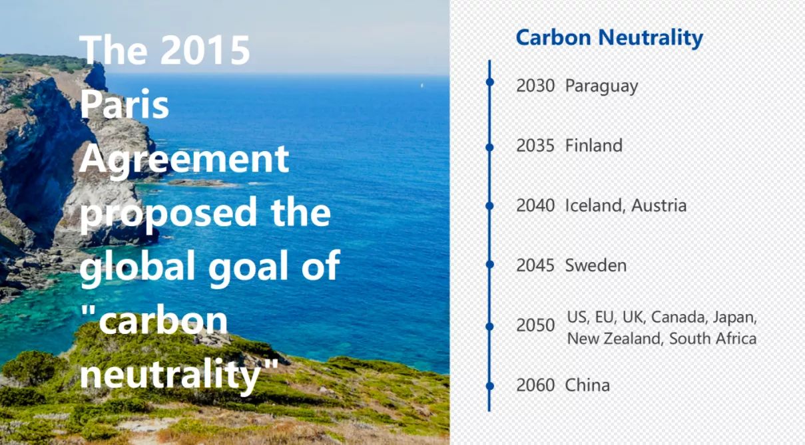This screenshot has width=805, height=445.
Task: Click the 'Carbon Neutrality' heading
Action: tap(609, 38)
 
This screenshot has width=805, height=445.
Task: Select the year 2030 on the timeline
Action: tap(535, 86)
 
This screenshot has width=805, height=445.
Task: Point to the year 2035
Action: tap(535, 146)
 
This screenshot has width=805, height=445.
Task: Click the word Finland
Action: tap(594, 146)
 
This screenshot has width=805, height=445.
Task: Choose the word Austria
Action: tap(659, 206)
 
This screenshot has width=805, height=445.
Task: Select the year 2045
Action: tap(535, 265)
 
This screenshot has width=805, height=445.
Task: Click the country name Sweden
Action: tap(596, 265)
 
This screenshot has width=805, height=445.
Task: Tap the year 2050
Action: tap(535, 325)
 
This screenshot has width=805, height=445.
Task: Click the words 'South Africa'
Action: tap(712, 339)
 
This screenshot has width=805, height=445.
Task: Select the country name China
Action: tap(587, 385)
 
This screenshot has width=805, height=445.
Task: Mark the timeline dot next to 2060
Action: tap(489, 386)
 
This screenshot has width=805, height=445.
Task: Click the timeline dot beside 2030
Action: tap(489, 82)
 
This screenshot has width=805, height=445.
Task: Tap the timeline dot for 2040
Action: tap(489, 206)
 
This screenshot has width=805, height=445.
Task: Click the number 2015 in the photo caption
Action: tap(205, 51)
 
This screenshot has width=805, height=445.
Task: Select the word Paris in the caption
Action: tap(125, 104)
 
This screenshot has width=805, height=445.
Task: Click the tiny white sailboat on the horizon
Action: tap(422, 85)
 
